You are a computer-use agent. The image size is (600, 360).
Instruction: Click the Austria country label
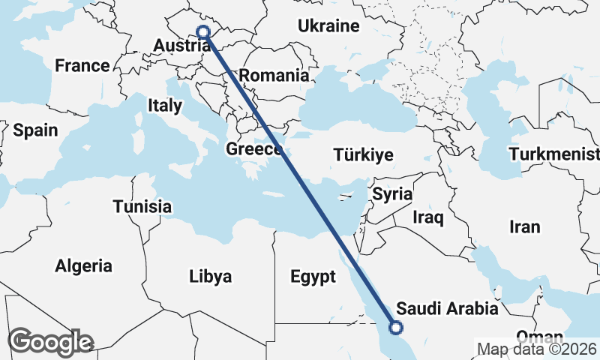point(181,46)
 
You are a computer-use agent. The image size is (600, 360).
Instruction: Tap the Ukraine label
point(328,26)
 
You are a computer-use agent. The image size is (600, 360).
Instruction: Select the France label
point(82,66)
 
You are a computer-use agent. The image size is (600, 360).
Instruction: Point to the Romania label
point(274,76)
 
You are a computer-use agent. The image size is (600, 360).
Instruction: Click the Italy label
point(165,106)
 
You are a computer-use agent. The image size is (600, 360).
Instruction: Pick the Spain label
point(35,130)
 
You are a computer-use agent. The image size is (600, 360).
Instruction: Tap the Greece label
point(254,150)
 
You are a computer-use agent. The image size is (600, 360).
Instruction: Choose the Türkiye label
point(364,156)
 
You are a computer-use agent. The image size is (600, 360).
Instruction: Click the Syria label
point(393,195)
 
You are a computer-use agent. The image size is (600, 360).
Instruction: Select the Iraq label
point(429,218)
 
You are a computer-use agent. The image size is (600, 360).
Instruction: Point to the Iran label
point(524,227)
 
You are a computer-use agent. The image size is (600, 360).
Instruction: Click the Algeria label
point(84,266)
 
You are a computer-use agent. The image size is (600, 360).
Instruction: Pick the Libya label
point(210,277)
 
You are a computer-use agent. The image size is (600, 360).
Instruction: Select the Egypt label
point(313,277)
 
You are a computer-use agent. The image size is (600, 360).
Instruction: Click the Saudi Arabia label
point(448,309)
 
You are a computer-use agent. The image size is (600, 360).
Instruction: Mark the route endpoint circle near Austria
point(202,31)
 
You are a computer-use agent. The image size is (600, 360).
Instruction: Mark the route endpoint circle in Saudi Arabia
point(396,327)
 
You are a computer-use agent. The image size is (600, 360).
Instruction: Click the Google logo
point(50,342)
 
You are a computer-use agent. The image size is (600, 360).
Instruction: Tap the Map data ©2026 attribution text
point(537,349)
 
